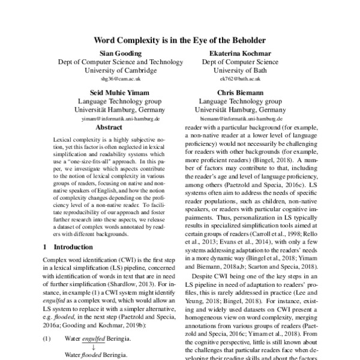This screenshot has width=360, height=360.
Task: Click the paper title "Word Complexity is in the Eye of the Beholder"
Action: [x=179, y=40]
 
